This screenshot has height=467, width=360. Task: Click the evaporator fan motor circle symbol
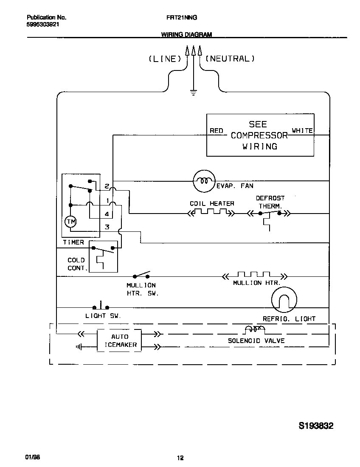(205, 181)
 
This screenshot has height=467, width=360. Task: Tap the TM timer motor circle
(70, 221)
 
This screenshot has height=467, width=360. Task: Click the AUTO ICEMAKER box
(120, 340)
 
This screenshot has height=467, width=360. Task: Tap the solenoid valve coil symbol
(255, 329)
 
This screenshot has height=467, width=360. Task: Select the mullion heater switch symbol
(142, 275)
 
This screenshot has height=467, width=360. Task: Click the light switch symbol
(101, 306)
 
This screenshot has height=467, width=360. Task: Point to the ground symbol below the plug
(194, 92)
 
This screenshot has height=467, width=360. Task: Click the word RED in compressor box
(217, 131)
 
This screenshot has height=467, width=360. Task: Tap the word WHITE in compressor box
(302, 131)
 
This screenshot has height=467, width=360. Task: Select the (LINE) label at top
(165, 59)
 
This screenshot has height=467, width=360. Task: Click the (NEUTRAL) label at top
(230, 59)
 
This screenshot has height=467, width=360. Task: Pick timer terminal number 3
(107, 227)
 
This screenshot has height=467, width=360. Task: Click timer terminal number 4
(107, 214)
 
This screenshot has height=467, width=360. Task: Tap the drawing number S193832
(316, 426)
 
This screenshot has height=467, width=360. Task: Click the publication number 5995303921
(42, 25)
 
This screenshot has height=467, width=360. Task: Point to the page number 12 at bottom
(180, 458)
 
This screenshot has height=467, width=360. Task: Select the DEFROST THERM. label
(270, 202)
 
